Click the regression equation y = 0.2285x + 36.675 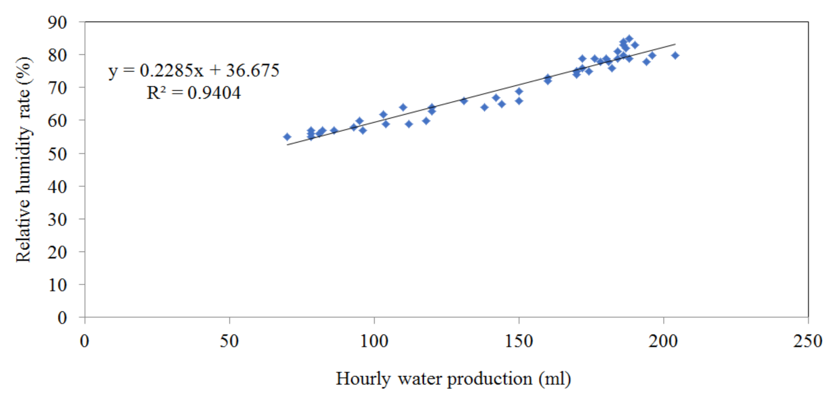(x=194, y=71)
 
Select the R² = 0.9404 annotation (x=194, y=93)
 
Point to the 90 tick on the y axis (x=57, y=22)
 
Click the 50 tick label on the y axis (x=57, y=153)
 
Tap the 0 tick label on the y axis (x=62, y=318)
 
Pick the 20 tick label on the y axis (x=57, y=252)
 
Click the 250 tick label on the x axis (x=808, y=341)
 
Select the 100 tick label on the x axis (x=374, y=341)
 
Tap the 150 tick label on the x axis (x=519, y=341)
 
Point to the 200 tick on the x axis (x=663, y=341)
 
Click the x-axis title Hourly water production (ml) (x=453, y=379)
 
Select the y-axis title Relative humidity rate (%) (x=23, y=159)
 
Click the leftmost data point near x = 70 (x=287, y=137)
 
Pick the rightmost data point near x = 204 (x=675, y=55)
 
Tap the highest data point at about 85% (x=629, y=39)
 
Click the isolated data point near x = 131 (x=464, y=101)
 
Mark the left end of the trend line (x=287, y=145)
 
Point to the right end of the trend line (x=675, y=44)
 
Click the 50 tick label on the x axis (x=229, y=341)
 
